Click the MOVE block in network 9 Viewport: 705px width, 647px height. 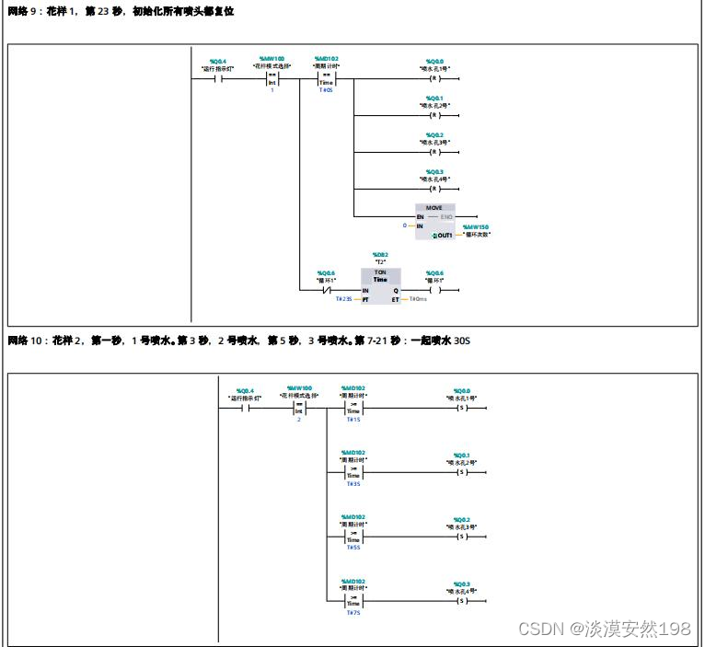[x=434, y=222]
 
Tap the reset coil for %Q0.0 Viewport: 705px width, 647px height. [x=434, y=78]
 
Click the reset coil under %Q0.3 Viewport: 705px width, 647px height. [x=434, y=188]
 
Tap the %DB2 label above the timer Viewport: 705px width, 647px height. [x=380, y=254]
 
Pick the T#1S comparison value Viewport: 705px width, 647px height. [x=353, y=420]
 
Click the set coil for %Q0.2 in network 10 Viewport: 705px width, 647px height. [x=462, y=536]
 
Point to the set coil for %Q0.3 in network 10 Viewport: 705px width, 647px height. [x=462, y=600]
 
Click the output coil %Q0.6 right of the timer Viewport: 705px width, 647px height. [x=434, y=290]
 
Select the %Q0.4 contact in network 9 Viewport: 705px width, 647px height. [x=217, y=78]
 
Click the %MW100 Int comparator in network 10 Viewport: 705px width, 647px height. [x=299, y=408]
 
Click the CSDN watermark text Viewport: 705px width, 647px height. [x=604, y=629]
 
